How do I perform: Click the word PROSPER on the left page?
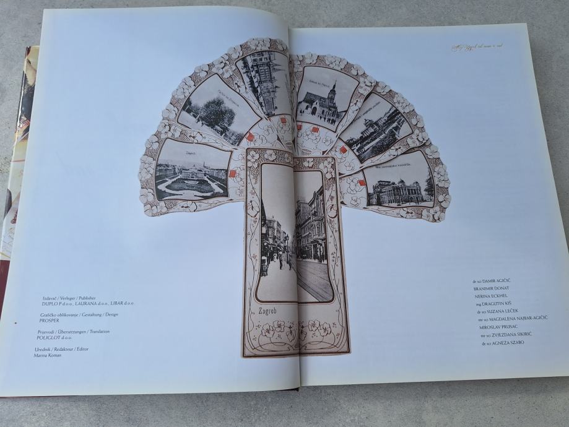tap(50, 321)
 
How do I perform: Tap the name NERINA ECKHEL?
tap(490, 296)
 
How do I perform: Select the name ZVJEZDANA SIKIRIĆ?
tap(506, 334)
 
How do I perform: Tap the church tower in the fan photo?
tap(331, 94)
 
